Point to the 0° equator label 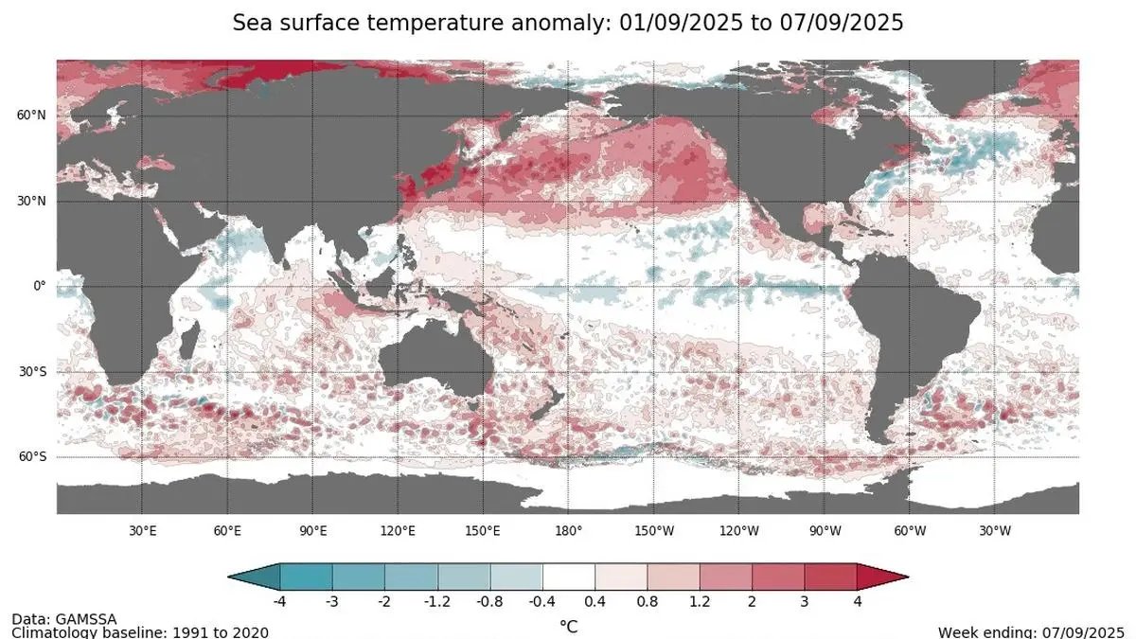[39, 286]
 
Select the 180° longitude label [569, 530]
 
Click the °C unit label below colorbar [568, 626]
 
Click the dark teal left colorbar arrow [255, 576]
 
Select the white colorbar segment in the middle [568, 576]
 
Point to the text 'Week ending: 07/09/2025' [1031, 631]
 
